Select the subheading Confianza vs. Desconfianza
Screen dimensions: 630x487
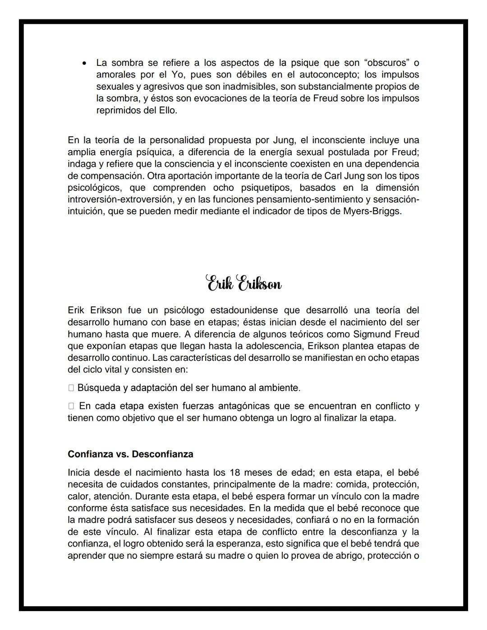pyautogui.click(x=130, y=454)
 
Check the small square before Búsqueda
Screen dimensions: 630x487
pyautogui.click(x=71, y=388)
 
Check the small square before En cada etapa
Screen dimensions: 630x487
pyautogui.click(x=71, y=406)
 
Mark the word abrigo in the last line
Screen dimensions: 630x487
pyautogui.click(x=343, y=556)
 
